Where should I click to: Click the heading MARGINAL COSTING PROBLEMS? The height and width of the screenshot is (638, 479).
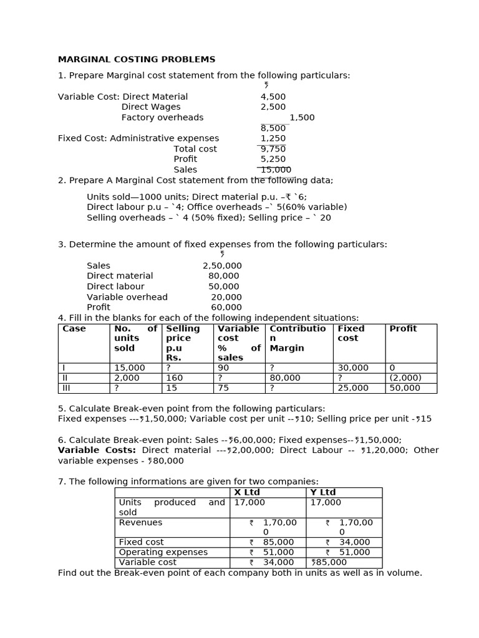point(137,60)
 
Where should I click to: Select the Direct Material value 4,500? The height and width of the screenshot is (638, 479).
point(273,97)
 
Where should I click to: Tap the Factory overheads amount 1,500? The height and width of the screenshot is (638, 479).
point(302,118)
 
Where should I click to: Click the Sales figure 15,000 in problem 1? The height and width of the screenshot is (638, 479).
point(276,169)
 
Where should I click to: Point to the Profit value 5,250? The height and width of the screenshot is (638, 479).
point(273,159)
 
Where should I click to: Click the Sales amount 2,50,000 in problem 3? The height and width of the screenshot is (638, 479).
point(222,265)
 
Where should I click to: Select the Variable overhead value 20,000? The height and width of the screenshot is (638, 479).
point(226,297)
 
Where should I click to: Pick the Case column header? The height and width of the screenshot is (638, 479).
point(74,329)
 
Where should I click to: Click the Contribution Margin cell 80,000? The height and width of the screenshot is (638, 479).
point(285,378)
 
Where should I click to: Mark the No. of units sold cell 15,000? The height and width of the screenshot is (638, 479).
point(130,368)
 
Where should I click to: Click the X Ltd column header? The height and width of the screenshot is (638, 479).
point(247,492)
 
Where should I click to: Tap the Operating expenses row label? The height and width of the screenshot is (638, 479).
point(163,552)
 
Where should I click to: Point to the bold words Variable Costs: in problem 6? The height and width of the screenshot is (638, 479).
point(97,450)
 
